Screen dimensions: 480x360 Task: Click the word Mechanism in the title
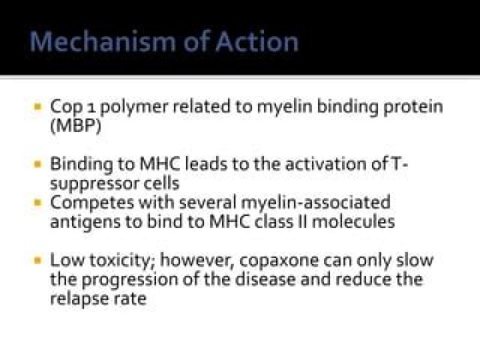pos(103,41)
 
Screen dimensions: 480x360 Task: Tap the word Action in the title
pos(257,41)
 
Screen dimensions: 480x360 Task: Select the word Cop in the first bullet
pos(66,108)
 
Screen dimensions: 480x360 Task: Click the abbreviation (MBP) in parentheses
pos(75,125)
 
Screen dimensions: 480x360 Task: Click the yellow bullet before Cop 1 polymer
pos(38,107)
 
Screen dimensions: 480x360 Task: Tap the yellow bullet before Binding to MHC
pos(38,164)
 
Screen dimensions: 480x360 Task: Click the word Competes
pos(92,203)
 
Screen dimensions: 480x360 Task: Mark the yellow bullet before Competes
pos(38,203)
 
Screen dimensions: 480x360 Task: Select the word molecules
pos(353,221)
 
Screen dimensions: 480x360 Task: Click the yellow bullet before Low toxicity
pos(38,261)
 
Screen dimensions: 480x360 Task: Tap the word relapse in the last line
pos(79,299)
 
